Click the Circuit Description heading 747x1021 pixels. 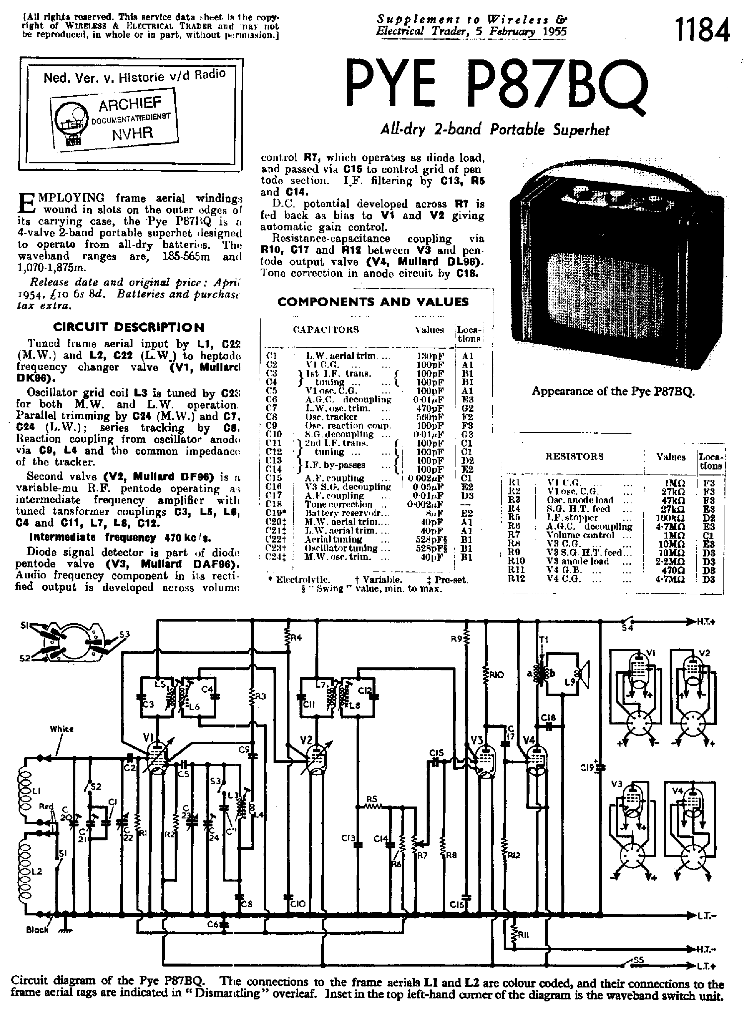click(128, 327)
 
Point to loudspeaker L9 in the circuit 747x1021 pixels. click(581, 678)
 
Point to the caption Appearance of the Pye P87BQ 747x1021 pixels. click(613, 391)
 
